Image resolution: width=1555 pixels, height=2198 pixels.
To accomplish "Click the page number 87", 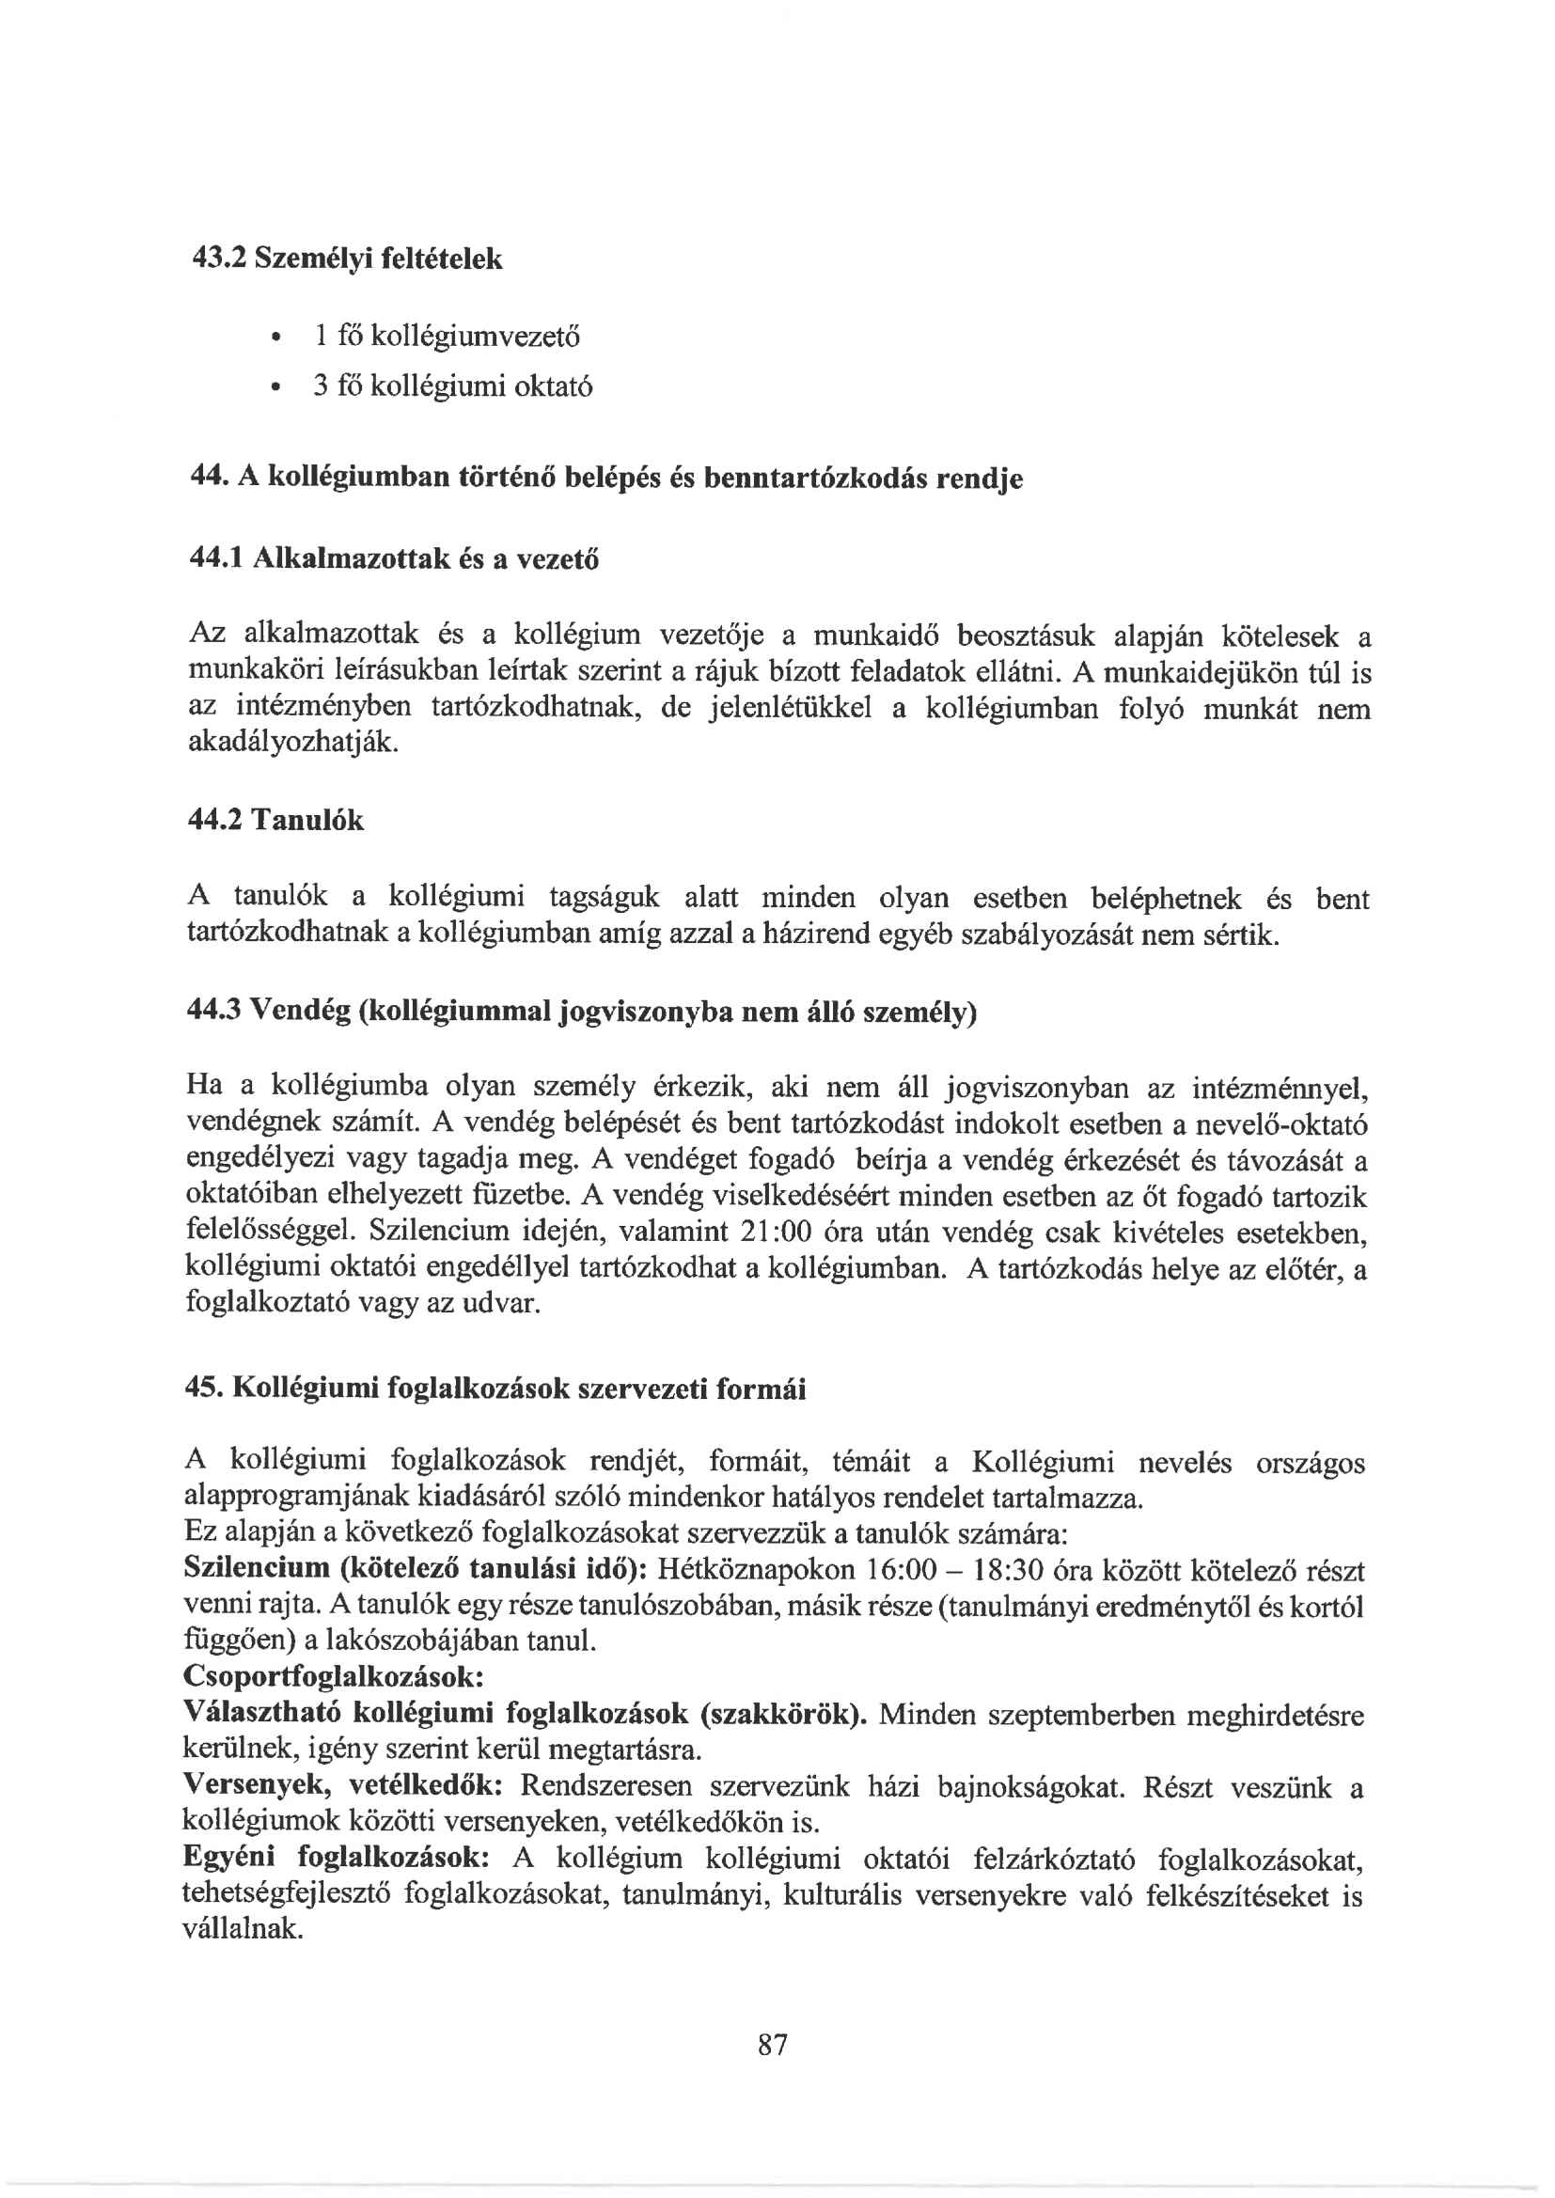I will coord(772,2044).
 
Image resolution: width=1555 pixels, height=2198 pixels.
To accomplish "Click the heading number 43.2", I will coord(217,259).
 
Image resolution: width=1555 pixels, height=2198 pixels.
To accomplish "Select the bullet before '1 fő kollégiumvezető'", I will coord(275,337).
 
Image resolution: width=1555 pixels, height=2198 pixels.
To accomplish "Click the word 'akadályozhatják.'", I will coord(292,743).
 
